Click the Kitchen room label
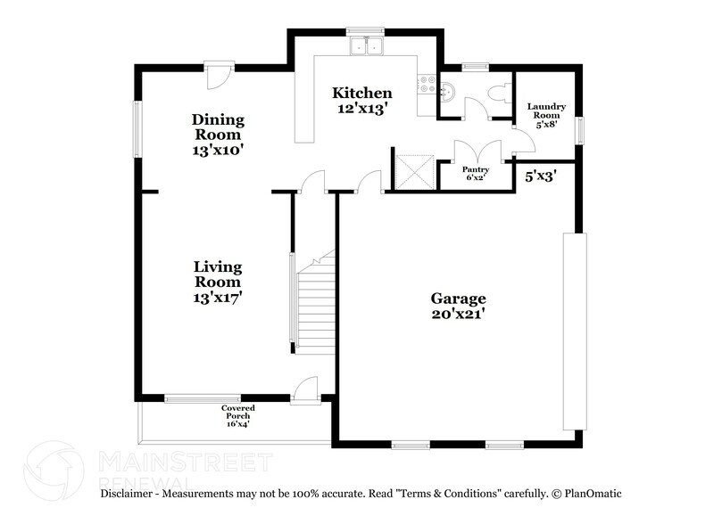pos(361,101)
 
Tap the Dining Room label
pos(218,135)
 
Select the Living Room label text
pos(218,282)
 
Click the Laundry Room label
pos(545,116)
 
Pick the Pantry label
pos(474,172)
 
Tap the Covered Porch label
pos(237,415)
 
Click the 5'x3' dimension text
pos(540,176)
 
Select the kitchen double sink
pos(365,45)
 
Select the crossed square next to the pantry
pos(414,171)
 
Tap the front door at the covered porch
pos(305,389)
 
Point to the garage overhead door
pos(571,332)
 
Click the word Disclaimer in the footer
pos(131,493)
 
